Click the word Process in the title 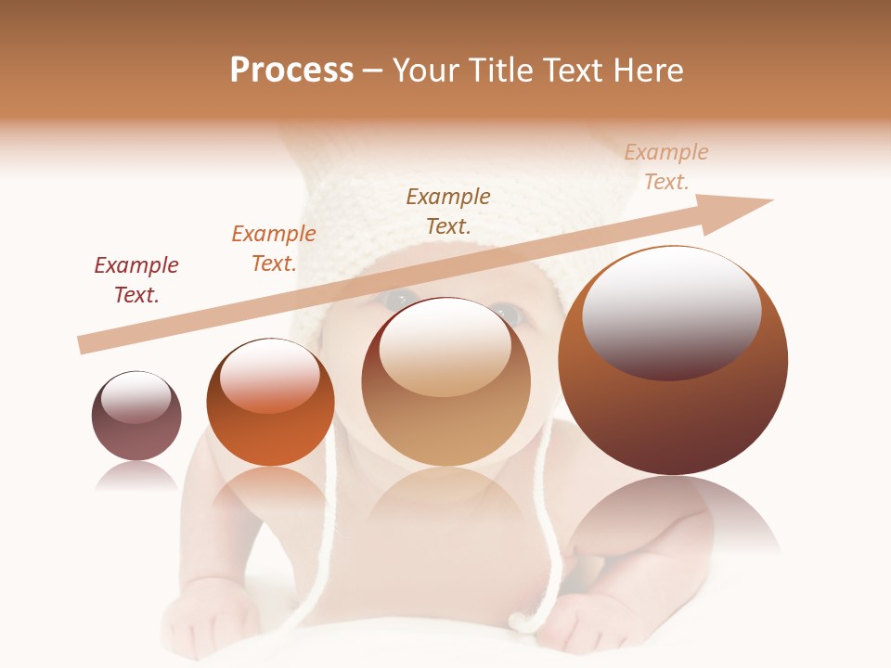click(x=291, y=71)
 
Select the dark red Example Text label click(x=136, y=280)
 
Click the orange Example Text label click(x=274, y=249)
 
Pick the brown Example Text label click(x=448, y=211)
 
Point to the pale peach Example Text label click(x=666, y=167)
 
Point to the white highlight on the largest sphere click(x=672, y=311)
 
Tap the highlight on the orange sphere click(x=270, y=376)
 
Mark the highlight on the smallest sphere click(x=136, y=397)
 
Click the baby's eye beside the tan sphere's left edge click(x=401, y=299)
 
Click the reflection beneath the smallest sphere click(x=136, y=478)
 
